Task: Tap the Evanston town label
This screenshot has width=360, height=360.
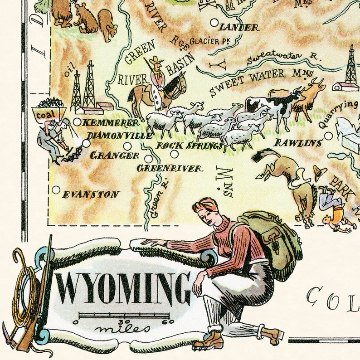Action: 91,195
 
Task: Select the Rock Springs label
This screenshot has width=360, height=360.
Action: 190,146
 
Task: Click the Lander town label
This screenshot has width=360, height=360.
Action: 239,28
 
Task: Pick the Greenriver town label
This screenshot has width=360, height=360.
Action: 170,168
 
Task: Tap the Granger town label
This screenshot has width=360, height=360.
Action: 115,156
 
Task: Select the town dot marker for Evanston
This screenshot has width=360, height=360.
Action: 56,190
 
